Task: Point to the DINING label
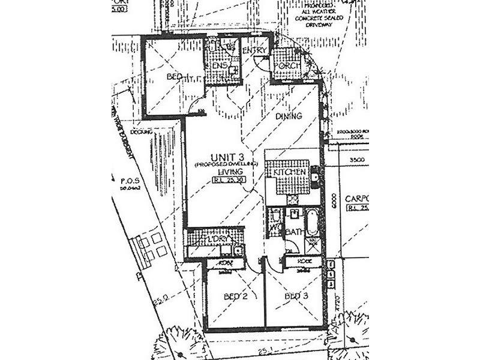[288, 116]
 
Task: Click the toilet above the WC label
[275, 217]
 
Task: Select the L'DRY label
[215, 241]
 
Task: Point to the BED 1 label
[175, 77]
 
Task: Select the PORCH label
[289, 65]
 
